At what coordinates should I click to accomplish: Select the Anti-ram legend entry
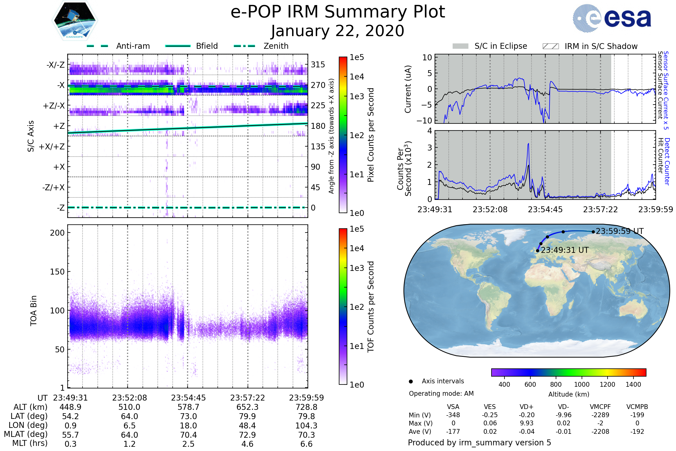pos(133,46)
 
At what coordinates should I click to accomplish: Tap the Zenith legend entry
pos(276,46)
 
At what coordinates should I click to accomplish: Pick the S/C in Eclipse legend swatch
pos(460,46)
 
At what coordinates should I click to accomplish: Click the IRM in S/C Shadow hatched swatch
pos(550,46)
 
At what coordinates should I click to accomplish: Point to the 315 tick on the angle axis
pos(318,65)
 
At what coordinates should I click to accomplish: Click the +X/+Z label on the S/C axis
pos(52,147)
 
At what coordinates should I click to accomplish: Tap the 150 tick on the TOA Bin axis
pos(57,271)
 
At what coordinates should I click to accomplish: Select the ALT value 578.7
pos(188,407)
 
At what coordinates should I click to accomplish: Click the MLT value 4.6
pos(247,444)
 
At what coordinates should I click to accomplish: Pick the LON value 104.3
pos(306,425)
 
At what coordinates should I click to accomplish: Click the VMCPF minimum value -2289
pos(600,415)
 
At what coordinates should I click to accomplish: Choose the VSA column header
pos(453,407)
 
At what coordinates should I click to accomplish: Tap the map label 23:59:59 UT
pos(620,231)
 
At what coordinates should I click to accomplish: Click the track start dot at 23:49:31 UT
pos(537,251)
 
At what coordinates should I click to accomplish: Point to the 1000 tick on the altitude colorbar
pos(582,384)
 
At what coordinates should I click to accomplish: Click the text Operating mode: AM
pos(441,393)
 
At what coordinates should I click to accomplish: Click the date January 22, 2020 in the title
pos(338,31)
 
